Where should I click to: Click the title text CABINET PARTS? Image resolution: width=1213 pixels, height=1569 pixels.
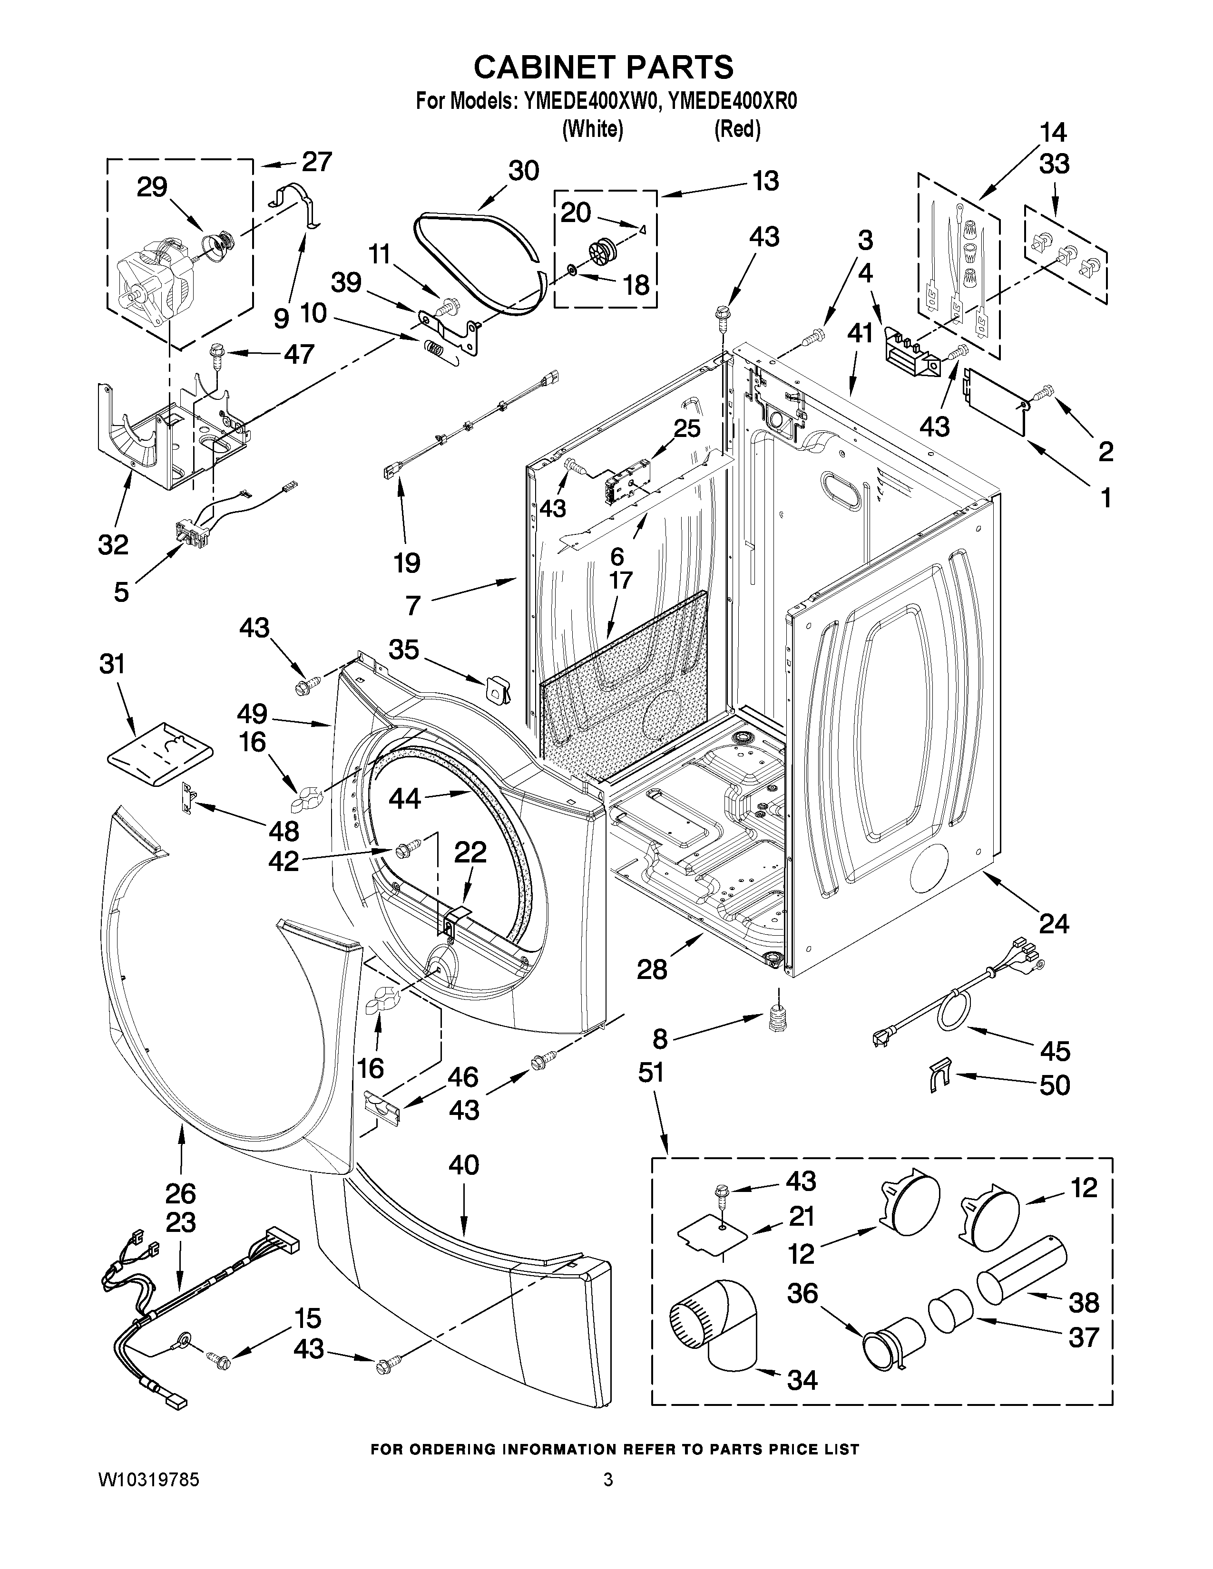coord(604,67)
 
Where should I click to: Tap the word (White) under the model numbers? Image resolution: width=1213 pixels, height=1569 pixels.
coord(592,129)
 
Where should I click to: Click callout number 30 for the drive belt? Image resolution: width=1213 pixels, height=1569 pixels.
coord(524,171)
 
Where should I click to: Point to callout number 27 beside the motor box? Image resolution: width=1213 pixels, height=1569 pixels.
coord(317,162)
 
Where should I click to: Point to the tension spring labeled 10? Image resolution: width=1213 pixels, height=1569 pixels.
coord(434,350)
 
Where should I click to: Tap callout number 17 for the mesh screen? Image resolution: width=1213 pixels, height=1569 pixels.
coord(620,580)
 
